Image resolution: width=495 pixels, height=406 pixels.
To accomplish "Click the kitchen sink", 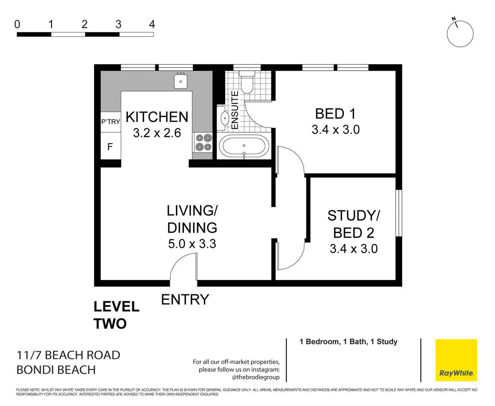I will coord(181,81).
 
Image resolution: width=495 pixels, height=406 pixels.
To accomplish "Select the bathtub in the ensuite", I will coord(244,146).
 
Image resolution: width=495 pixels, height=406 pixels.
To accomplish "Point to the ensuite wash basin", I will coord(224,118).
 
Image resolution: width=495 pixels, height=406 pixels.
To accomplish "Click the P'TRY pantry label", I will coord(111,122).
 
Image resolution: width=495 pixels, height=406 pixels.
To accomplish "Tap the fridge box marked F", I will coord(110,147).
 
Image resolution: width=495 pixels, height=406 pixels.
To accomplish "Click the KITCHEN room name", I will coord(157,117).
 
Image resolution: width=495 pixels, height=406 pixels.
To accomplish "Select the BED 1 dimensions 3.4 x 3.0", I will coord(335,130).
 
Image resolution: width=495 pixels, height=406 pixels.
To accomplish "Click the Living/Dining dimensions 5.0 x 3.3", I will coord(192,244).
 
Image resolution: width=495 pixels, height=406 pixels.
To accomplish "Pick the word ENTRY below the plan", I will coord(185,300).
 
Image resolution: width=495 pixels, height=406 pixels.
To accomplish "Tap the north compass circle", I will coord(460,34).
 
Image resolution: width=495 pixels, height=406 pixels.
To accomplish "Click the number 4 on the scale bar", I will coord(152,24).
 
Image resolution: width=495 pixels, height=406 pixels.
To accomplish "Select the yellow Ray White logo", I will coord(456,360).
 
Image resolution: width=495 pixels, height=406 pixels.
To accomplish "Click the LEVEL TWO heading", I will coord(116,315).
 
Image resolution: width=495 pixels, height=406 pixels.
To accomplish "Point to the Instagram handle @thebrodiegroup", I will coord(256,377).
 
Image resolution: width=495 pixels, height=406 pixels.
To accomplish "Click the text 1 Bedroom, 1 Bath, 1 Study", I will coord(348,342).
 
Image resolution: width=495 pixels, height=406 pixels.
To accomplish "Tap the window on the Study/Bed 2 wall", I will coord(399,213).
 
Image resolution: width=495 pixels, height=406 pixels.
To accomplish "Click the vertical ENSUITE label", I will coord(235,110).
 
